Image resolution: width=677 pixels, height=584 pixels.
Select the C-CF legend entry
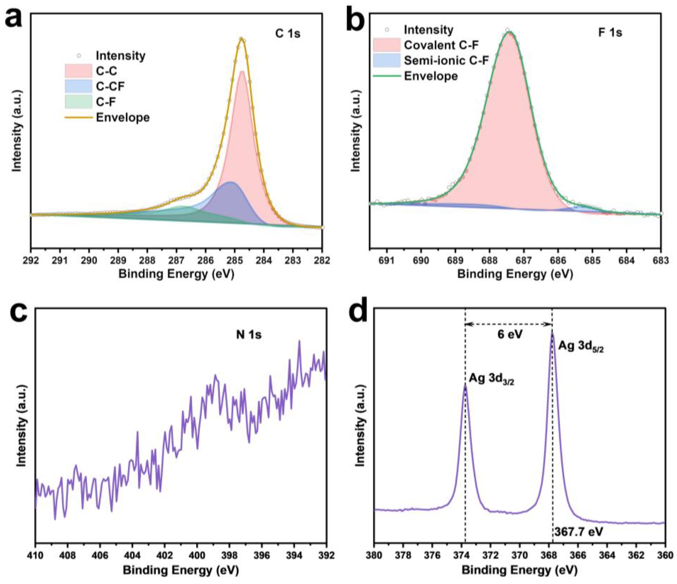point(110,86)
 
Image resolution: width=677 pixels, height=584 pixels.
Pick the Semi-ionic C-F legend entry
point(446,61)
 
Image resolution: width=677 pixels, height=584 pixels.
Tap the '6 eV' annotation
point(510,334)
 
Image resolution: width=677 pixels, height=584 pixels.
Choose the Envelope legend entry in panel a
point(122,118)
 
